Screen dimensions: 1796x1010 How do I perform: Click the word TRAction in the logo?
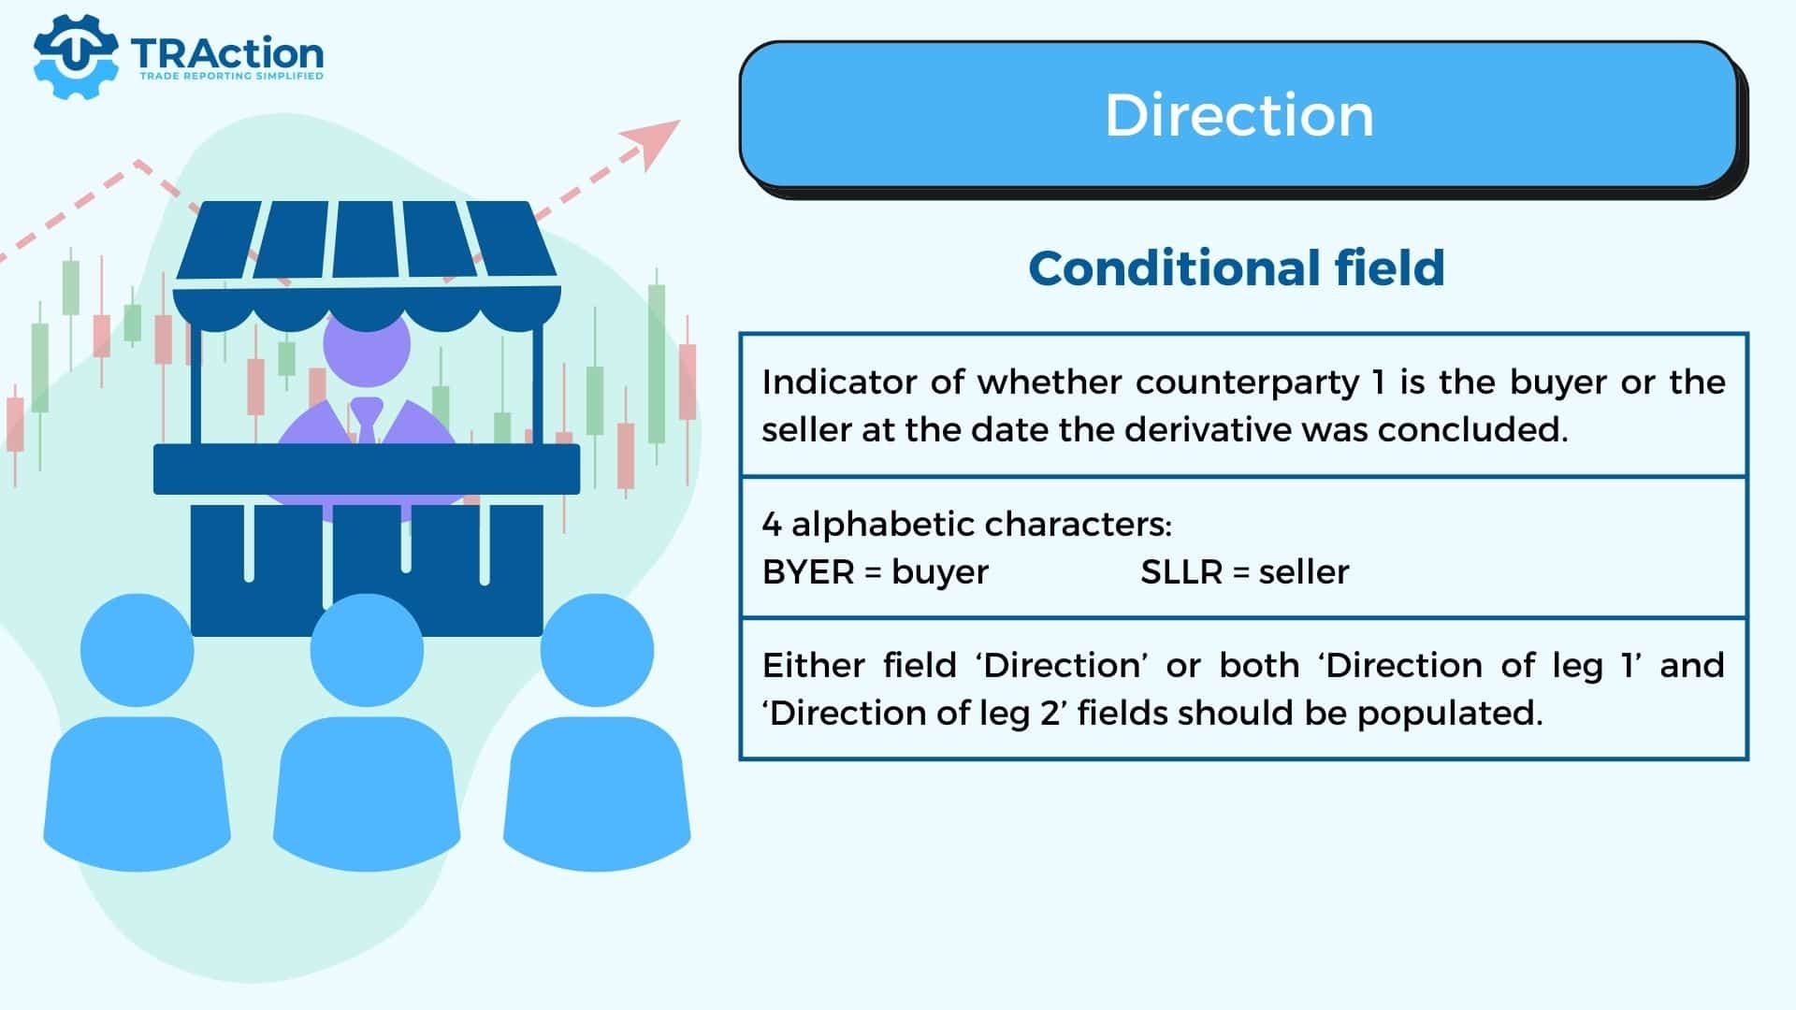[x=227, y=53]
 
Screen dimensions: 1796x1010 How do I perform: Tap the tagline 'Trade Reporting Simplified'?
[x=231, y=76]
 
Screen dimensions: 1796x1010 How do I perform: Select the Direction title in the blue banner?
[x=1239, y=115]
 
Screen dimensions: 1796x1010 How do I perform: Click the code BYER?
[x=808, y=571]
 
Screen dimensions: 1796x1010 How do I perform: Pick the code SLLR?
[x=1181, y=571]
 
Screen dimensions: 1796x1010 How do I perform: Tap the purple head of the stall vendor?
[x=367, y=344]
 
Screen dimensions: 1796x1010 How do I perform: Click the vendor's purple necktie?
[x=366, y=421]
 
